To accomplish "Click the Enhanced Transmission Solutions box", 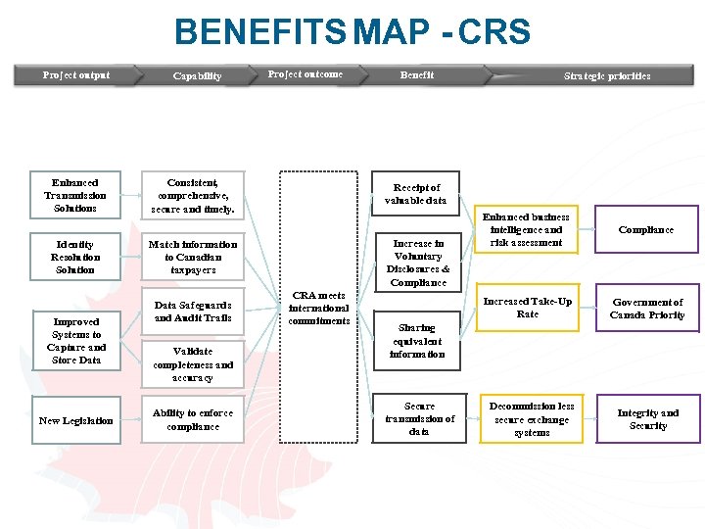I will click(75, 195).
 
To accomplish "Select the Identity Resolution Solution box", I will click(75, 257).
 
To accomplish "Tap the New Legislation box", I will click(75, 420).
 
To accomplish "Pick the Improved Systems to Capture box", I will click(75, 341).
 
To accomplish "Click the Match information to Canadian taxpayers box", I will click(193, 257).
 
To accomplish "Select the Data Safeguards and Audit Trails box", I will click(193, 312).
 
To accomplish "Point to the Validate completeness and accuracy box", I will click(193, 363).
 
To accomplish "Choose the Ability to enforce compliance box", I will click(193, 420).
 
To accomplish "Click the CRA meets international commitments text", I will click(319, 308).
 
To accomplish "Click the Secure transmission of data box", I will click(419, 418).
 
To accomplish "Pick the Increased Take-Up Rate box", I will click(527, 308).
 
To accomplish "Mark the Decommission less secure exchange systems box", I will click(532, 418).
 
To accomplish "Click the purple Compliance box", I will click(647, 229).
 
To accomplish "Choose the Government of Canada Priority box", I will click(647, 309).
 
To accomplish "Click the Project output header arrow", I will click(76, 75).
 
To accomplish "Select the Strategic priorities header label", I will click(606, 75).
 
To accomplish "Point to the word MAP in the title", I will click(391, 32).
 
